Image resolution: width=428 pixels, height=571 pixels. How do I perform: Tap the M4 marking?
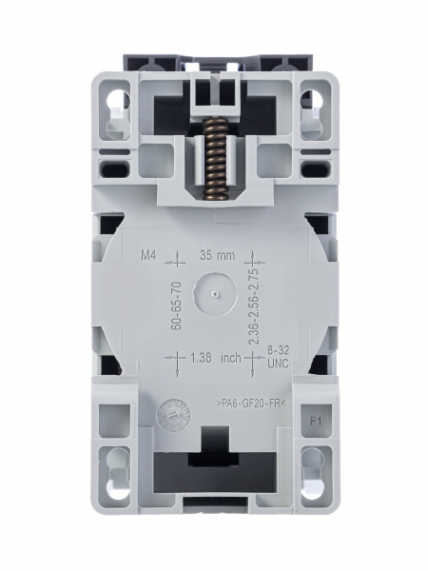(148, 257)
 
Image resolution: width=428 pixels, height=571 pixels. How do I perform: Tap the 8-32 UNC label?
(277, 358)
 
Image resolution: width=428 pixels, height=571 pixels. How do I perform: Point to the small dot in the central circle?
(216, 295)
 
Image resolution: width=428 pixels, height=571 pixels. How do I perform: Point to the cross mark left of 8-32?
(254, 358)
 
